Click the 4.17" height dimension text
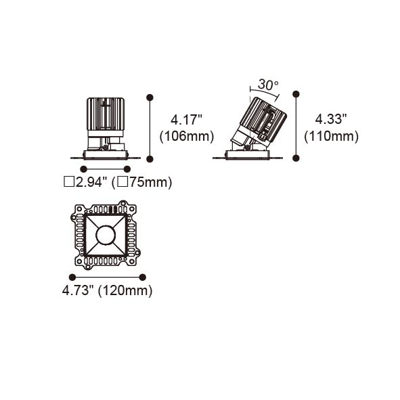[186, 120]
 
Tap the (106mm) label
[187, 136]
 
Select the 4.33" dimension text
[331, 119]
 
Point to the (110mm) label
[332, 136]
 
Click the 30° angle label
[268, 85]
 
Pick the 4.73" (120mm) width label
[107, 290]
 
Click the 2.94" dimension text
[91, 182]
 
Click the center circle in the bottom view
[106, 236]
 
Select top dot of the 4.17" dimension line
[150, 97]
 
